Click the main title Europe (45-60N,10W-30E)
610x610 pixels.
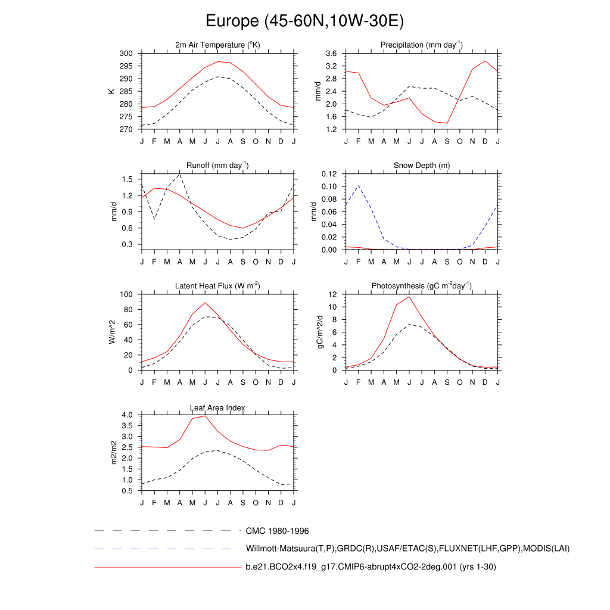(304, 21)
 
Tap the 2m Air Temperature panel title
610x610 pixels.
(217, 45)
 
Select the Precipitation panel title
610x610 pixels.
(422, 45)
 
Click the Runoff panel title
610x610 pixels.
(217, 166)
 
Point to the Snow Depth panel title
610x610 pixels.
(422, 166)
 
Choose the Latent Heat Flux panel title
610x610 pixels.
(217, 286)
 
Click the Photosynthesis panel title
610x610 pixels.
(422, 286)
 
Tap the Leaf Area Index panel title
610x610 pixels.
(217, 407)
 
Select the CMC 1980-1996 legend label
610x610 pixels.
(277, 531)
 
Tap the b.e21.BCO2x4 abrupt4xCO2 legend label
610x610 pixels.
(371, 567)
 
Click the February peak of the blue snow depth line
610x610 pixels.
(358, 185)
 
